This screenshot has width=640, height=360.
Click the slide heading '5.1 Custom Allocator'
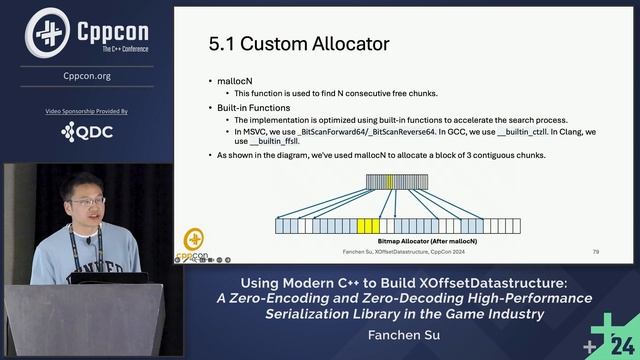[x=298, y=44]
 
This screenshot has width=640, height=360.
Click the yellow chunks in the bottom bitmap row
[x=368, y=226]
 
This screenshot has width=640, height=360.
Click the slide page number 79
[x=595, y=251]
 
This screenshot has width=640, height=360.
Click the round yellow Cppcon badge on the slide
[x=195, y=240]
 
